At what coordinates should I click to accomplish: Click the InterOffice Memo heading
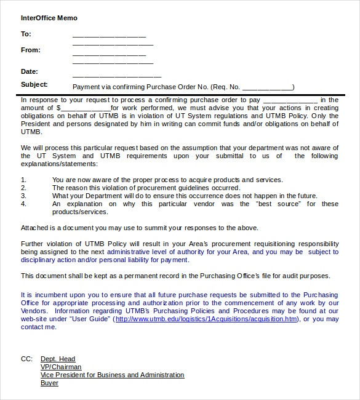(49, 18)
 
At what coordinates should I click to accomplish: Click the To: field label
(26, 34)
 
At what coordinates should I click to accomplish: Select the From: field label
(31, 50)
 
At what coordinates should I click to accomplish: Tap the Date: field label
(30, 72)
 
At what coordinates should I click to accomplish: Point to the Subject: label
(34, 85)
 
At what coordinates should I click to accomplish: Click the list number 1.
(23, 180)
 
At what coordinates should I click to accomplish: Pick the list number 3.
(23, 196)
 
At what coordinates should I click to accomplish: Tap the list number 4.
(23, 204)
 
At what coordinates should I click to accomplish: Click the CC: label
(26, 359)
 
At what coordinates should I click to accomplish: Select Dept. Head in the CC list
(58, 359)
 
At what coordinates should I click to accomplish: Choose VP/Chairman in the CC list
(61, 367)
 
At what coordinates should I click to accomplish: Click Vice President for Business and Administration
(112, 375)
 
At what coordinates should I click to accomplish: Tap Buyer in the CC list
(49, 383)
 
